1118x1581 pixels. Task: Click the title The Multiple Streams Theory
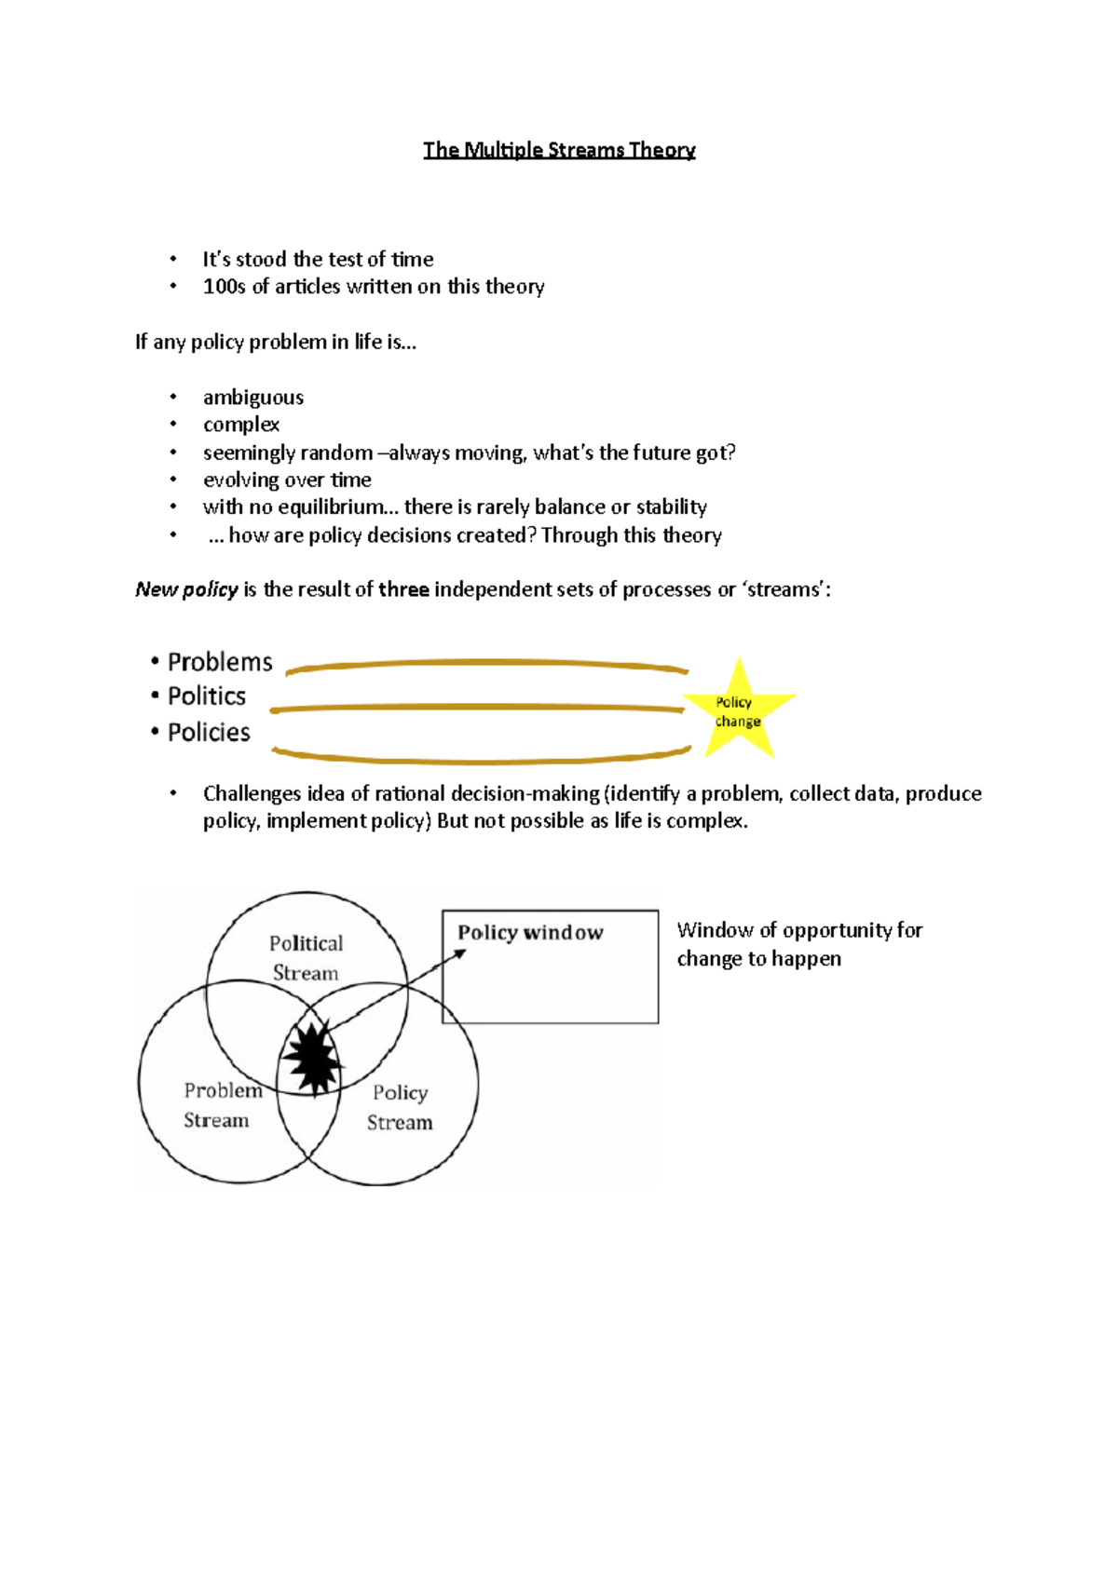[559, 150]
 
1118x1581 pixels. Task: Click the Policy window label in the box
[530, 933]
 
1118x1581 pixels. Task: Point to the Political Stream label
[306, 958]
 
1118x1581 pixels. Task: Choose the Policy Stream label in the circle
[400, 1107]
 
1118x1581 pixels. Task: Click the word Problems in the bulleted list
[220, 662]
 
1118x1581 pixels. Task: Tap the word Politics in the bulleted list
[206, 696]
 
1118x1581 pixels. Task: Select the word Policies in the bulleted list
[209, 733]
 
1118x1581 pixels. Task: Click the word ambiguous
[253, 398]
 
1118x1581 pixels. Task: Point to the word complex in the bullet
[241, 425]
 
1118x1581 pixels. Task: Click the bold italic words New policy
[186, 589]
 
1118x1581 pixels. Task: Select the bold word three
[403, 589]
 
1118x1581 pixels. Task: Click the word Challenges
[252, 793]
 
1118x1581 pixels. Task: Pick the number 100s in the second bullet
[224, 287]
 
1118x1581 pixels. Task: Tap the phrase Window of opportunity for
[799, 930]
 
